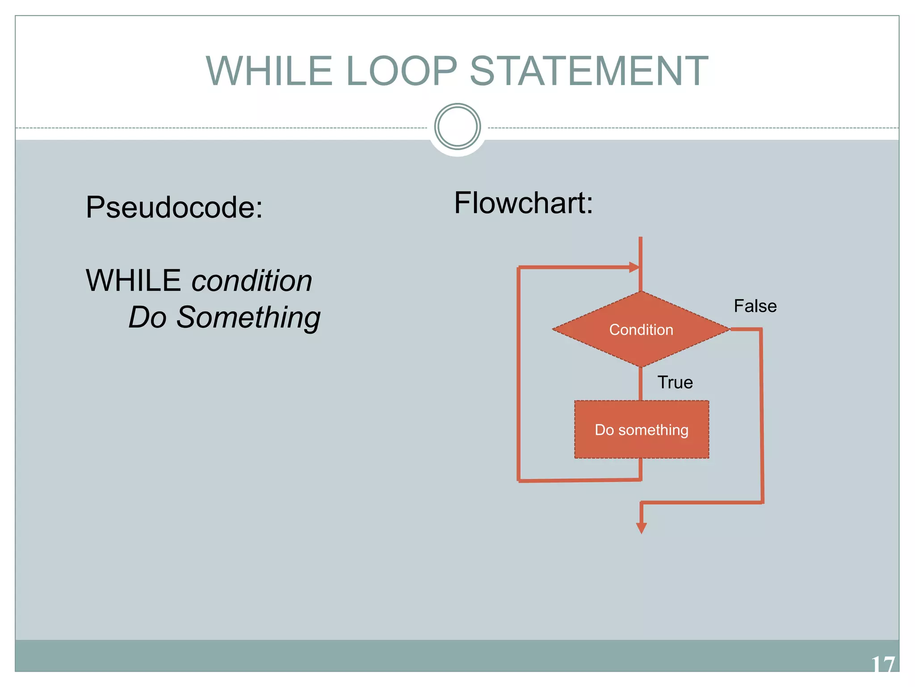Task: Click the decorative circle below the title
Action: tap(457, 127)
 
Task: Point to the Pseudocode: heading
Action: tap(174, 207)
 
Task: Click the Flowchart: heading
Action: tap(523, 203)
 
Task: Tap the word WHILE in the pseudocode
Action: tap(133, 281)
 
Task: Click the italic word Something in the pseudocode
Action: tap(248, 318)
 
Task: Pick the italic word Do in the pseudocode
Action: tap(147, 318)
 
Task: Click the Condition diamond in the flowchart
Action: tap(641, 330)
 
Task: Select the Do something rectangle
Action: tap(642, 429)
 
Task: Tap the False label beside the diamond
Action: tap(755, 306)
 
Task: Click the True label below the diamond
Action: tap(675, 382)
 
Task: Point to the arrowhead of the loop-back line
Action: tap(634, 267)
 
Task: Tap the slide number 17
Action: tap(883, 664)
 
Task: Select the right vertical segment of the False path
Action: tap(761, 416)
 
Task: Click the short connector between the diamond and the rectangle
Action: tap(641, 384)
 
